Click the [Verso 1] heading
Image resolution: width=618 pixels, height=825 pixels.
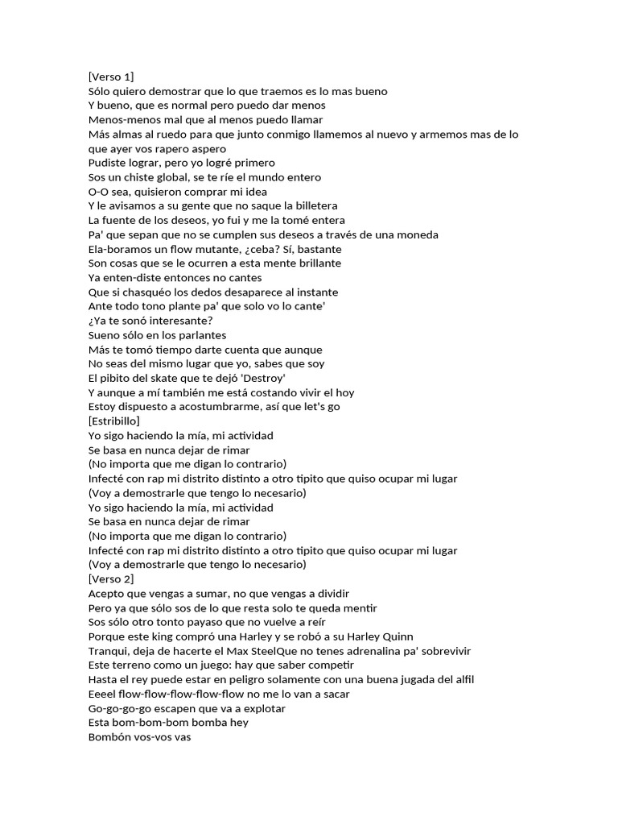(110, 77)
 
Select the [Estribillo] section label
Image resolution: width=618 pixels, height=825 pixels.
(113, 421)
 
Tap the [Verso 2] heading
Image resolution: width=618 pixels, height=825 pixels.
(110, 579)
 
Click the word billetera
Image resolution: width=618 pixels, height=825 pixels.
(312, 206)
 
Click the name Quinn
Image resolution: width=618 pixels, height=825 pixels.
(394, 636)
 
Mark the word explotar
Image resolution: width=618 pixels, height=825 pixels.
(262, 708)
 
